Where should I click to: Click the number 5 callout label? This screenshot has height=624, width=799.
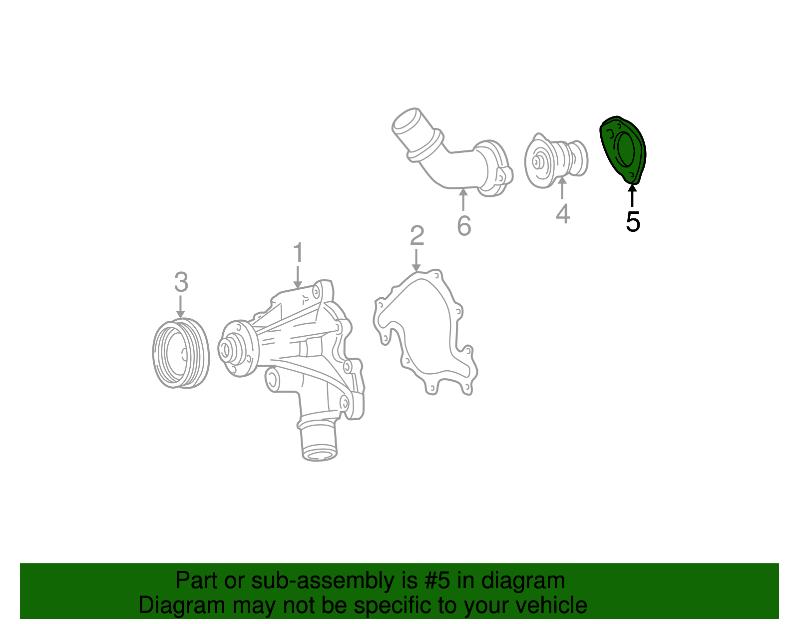click(x=633, y=222)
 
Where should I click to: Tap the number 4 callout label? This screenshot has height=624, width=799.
click(x=563, y=214)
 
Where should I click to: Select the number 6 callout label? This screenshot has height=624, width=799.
click(x=464, y=226)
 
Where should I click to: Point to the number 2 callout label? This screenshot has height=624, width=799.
click(x=417, y=236)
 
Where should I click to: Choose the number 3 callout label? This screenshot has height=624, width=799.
click(x=181, y=282)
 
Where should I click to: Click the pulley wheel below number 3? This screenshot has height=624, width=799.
click(x=180, y=353)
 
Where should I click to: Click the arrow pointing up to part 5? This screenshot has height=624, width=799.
click(x=632, y=195)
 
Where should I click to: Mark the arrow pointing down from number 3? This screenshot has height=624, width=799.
click(x=181, y=306)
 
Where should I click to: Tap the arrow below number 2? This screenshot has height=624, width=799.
click(x=416, y=261)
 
